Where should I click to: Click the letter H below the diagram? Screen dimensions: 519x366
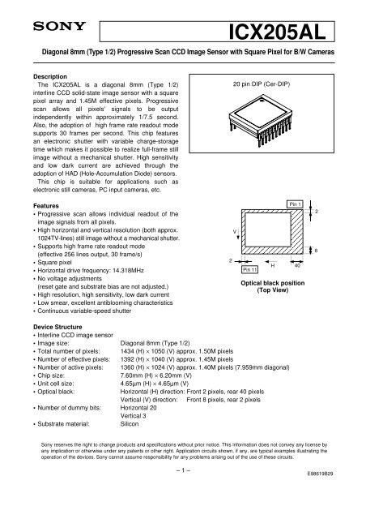coord(272,265)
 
